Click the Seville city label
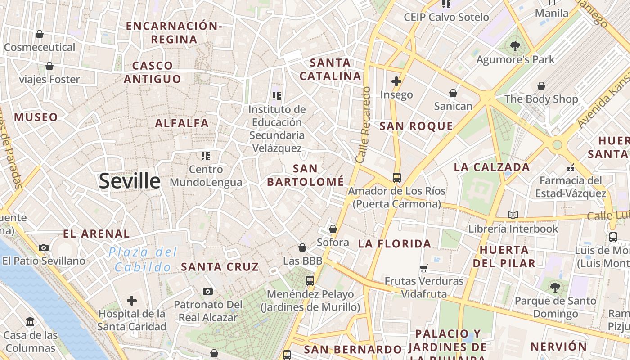pos(130,181)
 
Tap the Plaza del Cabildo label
pos(143,260)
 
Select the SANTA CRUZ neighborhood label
pos(220,266)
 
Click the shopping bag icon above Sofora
pos(333,229)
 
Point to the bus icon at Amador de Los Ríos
pos(396,177)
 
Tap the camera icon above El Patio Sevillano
pos(44,247)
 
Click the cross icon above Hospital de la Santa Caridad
pos(131,300)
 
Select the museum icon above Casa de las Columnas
pos(30,322)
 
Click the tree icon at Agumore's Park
pos(515,46)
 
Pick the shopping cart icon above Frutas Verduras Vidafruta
pos(423,268)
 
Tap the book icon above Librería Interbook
pos(513,215)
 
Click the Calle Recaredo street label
pos(363,125)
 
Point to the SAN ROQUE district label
pos(416,126)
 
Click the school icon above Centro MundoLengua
pos(206,156)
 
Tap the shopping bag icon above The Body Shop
pos(541,85)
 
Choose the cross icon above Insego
pos(396,81)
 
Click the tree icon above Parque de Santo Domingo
pos(555,287)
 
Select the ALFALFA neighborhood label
pos(182,123)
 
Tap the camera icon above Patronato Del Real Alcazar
pos(207,291)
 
